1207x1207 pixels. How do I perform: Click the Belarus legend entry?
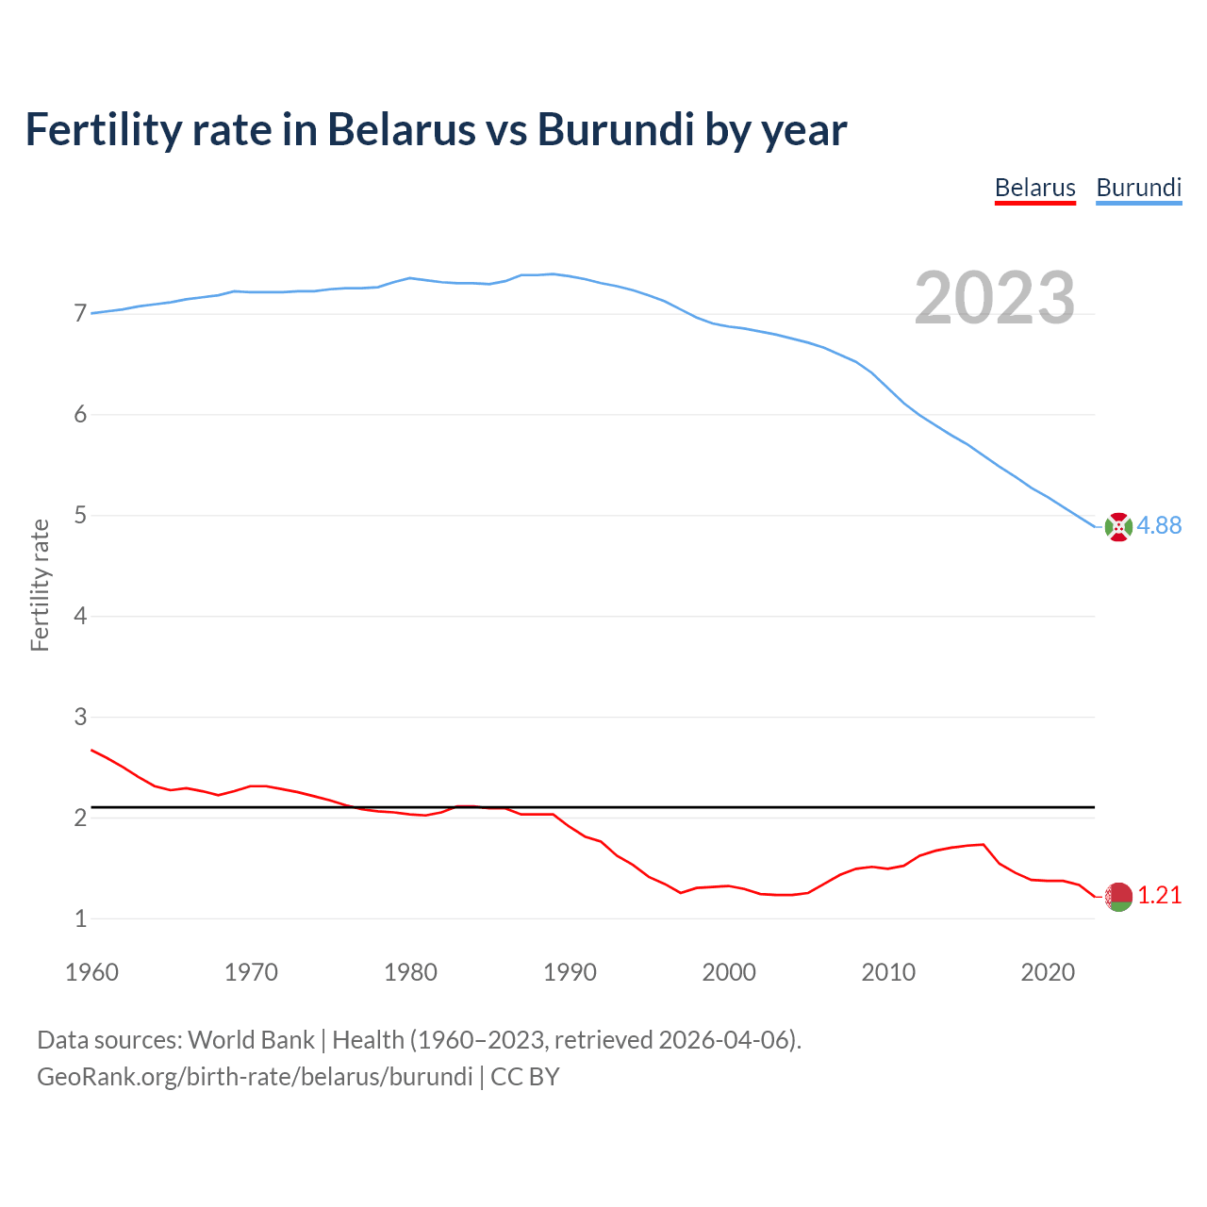(x=1034, y=188)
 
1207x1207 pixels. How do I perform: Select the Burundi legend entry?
(x=1138, y=188)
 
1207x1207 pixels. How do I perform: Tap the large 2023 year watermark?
(x=995, y=298)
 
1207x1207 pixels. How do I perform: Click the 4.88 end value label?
(x=1159, y=526)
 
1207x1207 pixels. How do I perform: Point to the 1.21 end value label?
(x=1159, y=896)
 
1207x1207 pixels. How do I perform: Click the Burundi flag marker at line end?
(x=1118, y=527)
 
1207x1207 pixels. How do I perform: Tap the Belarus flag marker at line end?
(x=1118, y=897)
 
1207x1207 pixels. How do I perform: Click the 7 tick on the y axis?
(x=80, y=313)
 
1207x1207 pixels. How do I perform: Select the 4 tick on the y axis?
(x=80, y=616)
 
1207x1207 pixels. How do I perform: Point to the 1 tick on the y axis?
(x=80, y=918)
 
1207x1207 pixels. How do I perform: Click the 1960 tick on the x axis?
(x=91, y=972)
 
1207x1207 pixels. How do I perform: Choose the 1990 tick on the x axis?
(x=570, y=972)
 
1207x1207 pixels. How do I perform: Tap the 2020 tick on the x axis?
(x=1048, y=972)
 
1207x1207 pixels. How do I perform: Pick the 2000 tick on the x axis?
(x=729, y=972)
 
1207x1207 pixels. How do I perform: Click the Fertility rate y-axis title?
(x=40, y=585)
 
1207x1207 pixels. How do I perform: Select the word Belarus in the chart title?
(x=401, y=129)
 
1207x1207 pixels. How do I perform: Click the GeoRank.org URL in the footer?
(x=255, y=1077)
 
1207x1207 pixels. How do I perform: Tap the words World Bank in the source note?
(x=251, y=1040)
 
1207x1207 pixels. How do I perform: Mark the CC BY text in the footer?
(x=525, y=1077)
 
